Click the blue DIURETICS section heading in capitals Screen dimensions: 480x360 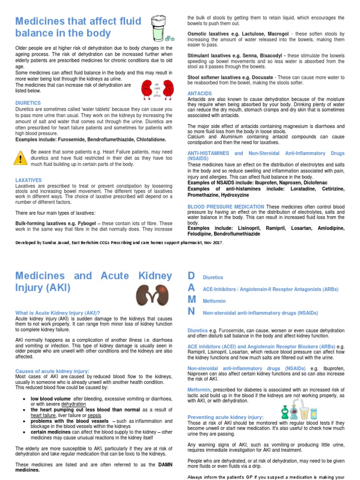pyautogui.click(x=28, y=103)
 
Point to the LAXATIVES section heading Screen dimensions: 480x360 pyautogui.click(x=29, y=180)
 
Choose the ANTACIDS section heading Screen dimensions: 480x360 pyautogui.click(x=200, y=94)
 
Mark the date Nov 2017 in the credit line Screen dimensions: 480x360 pyautogui.click(x=212, y=243)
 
